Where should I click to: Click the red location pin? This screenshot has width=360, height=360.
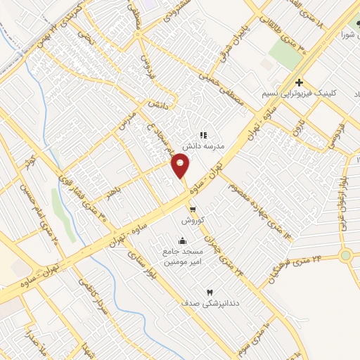point(181,167)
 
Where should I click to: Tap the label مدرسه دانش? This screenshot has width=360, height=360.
point(203,146)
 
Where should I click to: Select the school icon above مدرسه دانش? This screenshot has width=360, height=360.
point(203,134)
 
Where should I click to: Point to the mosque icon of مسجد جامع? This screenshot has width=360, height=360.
point(184,240)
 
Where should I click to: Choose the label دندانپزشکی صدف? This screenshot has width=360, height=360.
point(209,303)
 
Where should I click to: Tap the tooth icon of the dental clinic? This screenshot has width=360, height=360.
point(209,292)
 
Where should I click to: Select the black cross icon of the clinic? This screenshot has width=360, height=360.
point(300,82)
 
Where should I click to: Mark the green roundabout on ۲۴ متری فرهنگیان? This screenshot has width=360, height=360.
point(345,255)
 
